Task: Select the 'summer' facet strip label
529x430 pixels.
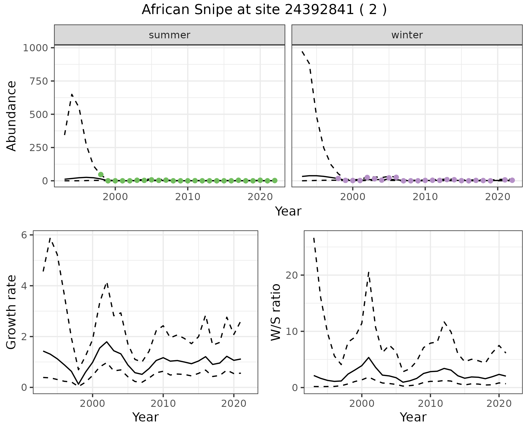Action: [169, 35]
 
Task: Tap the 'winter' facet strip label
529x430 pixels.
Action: [407, 35]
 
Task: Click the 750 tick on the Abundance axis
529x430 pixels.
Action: [39, 81]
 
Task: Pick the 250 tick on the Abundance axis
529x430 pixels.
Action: [39, 147]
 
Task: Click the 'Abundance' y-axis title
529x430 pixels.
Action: [12, 116]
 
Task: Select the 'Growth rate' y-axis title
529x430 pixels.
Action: [12, 312]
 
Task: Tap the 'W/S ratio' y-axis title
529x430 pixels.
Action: [276, 312]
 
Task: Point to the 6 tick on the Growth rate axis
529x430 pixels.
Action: [24, 235]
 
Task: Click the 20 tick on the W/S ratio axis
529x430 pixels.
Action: [292, 275]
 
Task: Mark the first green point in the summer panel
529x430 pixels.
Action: [101, 174]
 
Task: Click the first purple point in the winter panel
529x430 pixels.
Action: [338, 178]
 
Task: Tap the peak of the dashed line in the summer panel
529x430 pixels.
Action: [72, 95]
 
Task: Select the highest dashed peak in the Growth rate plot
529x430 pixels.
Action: [50, 238]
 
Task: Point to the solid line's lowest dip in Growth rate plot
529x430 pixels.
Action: [79, 384]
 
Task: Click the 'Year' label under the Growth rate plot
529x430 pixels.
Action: [145, 417]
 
